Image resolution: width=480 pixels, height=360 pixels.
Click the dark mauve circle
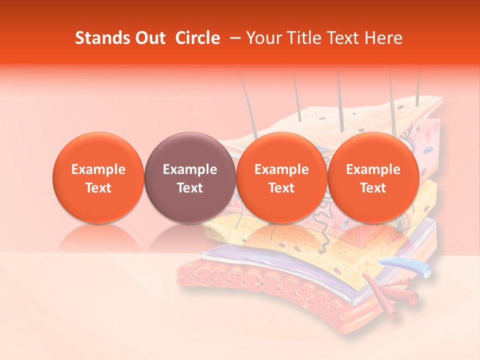[189, 178]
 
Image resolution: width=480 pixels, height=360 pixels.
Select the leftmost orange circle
[98, 178]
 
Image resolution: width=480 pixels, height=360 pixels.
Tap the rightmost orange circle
[373, 178]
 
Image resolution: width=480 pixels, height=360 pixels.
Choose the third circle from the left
[281, 178]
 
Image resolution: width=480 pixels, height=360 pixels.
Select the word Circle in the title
[197, 38]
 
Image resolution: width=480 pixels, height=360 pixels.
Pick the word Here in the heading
[384, 38]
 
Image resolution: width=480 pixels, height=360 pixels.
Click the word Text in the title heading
[343, 38]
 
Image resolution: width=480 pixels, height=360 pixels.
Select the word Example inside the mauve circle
[189, 169]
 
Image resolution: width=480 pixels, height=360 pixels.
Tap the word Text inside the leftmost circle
[98, 188]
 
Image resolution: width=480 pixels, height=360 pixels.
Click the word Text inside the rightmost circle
[373, 188]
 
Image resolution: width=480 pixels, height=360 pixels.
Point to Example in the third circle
[281, 169]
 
